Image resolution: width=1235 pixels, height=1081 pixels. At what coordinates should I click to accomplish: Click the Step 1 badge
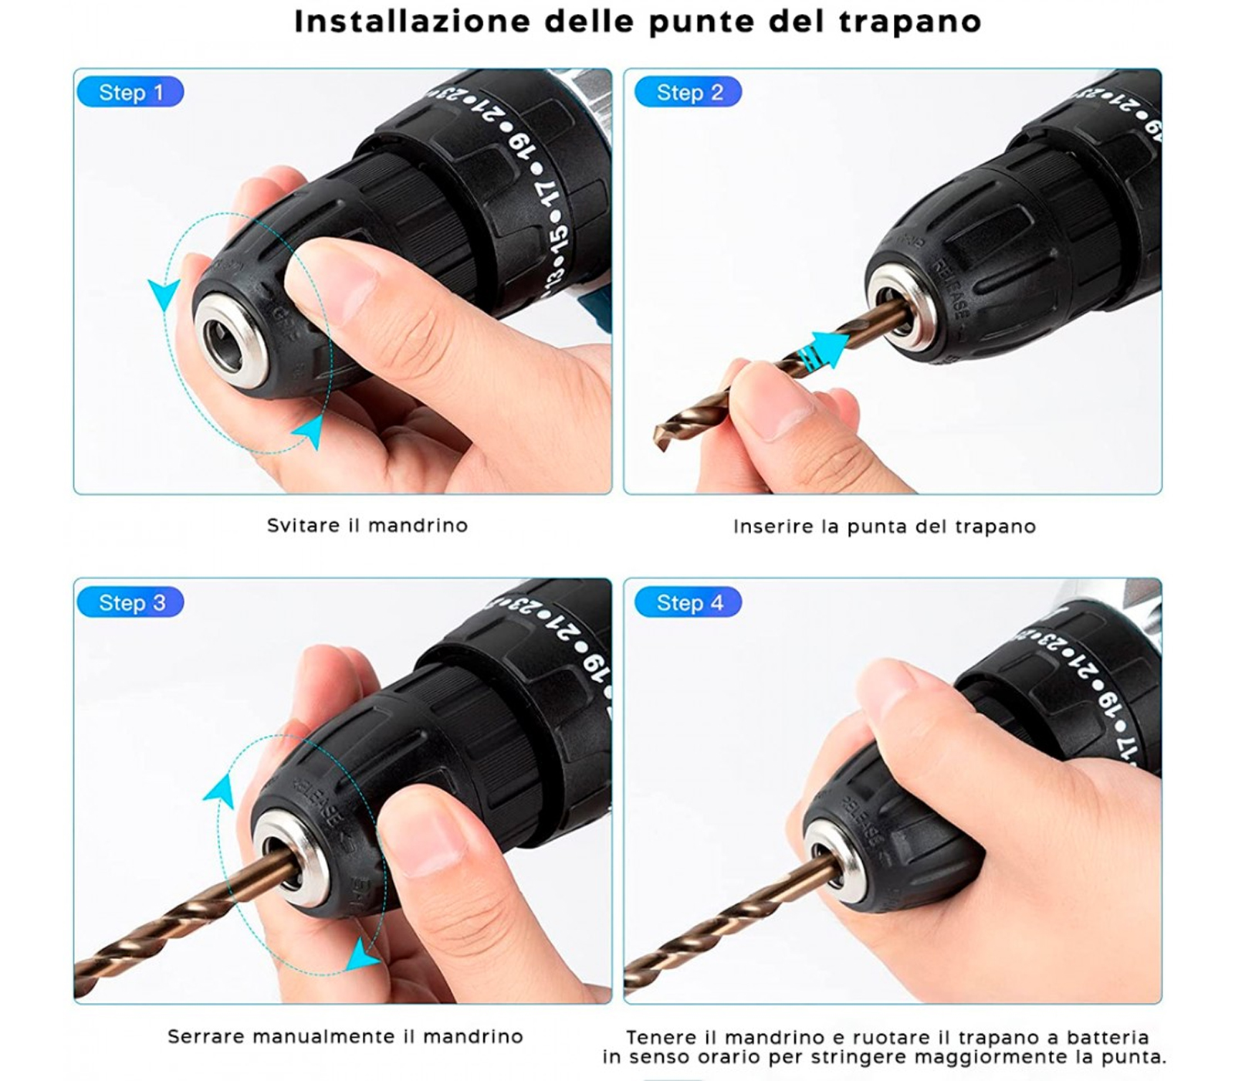coord(130,92)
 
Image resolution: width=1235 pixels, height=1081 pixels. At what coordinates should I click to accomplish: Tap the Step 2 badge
coord(689,92)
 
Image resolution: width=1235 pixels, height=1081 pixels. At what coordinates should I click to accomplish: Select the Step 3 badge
coord(130,602)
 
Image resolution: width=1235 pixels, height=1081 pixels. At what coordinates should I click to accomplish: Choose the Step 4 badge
coord(689,602)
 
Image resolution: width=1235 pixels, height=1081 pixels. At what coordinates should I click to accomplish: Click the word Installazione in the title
coord(413,21)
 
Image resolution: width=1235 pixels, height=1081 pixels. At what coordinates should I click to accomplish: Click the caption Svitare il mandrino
coord(367,526)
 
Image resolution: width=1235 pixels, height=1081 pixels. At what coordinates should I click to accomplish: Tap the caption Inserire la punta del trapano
coord(885,527)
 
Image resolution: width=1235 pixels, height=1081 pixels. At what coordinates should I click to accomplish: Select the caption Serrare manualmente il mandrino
coord(345,1036)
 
